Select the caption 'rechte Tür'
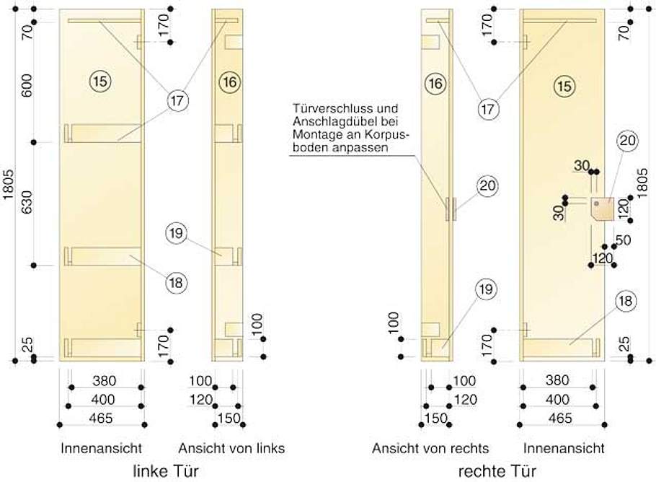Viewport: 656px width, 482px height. (497, 471)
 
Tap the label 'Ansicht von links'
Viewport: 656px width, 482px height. (231, 448)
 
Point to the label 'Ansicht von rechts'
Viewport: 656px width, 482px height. (430, 448)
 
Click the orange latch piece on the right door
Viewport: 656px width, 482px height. (601, 208)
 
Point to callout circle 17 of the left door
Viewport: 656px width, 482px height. (177, 101)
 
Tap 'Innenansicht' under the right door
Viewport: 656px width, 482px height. (564, 448)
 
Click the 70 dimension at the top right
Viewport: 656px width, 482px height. (625, 31)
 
